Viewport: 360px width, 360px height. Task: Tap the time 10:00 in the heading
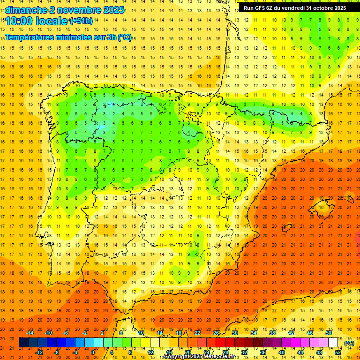pyautogui.click(x=20, y=21)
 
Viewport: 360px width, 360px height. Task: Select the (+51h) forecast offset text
pyautogui.click(x=81, y=21)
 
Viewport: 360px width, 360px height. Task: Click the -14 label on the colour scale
pyautogui.click(x=30, y=333)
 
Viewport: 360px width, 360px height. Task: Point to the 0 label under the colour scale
pyautogui.click(x=93, y=352)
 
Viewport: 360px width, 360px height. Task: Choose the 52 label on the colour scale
pyautogui.click(x=338, y=352)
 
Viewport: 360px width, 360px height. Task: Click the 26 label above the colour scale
pyautogui.click(x=216, y=333)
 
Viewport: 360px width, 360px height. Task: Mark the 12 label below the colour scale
pyautogui.click(x=150, y=352)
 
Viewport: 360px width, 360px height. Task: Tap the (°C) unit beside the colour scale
pyautogui.click(x=349, y=343)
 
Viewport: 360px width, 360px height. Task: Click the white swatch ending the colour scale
pyautogui.click(x=333, y=343)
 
